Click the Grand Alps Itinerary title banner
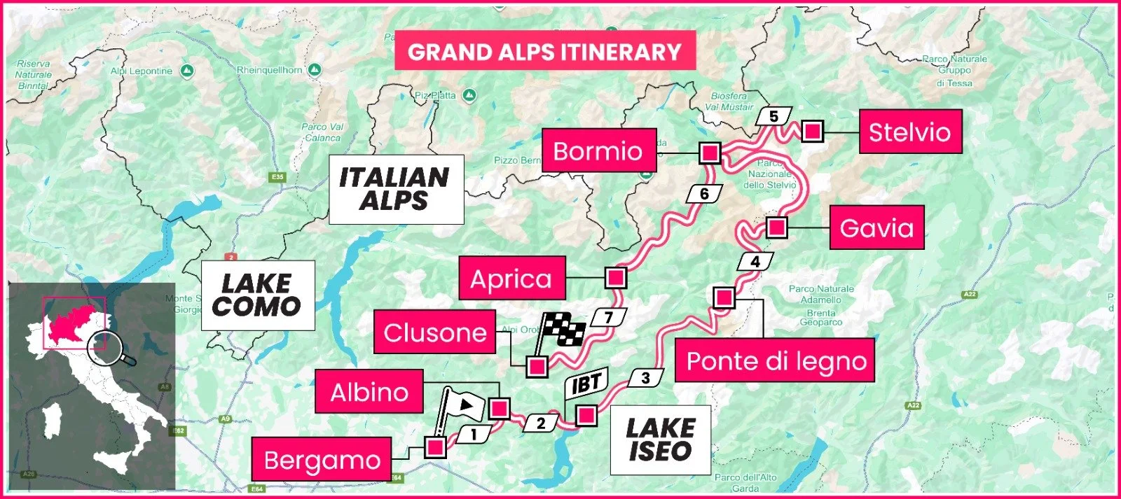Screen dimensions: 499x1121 point(544,51)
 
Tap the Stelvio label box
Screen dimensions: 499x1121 point(910,132)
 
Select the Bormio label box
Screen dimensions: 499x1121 point(598,150)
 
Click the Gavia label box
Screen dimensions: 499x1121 point(876,227)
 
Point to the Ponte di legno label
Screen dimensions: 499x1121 point(776,360)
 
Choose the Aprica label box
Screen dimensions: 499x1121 point(511,279)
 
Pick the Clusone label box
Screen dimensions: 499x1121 point(435,332)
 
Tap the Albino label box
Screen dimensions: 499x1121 point(369,391)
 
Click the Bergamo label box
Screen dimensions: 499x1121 point(322,460)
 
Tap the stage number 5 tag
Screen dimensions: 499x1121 point(773,116)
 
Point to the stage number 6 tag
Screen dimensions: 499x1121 point(704,194)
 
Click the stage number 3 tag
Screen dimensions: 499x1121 point(645,378)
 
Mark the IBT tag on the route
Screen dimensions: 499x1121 point(586,383)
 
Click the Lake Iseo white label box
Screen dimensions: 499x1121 point(659,440)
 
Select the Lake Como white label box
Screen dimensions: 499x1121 point(257,295)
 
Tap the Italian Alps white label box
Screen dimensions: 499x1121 point(396,189)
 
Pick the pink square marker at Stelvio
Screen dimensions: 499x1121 point(812,132)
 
